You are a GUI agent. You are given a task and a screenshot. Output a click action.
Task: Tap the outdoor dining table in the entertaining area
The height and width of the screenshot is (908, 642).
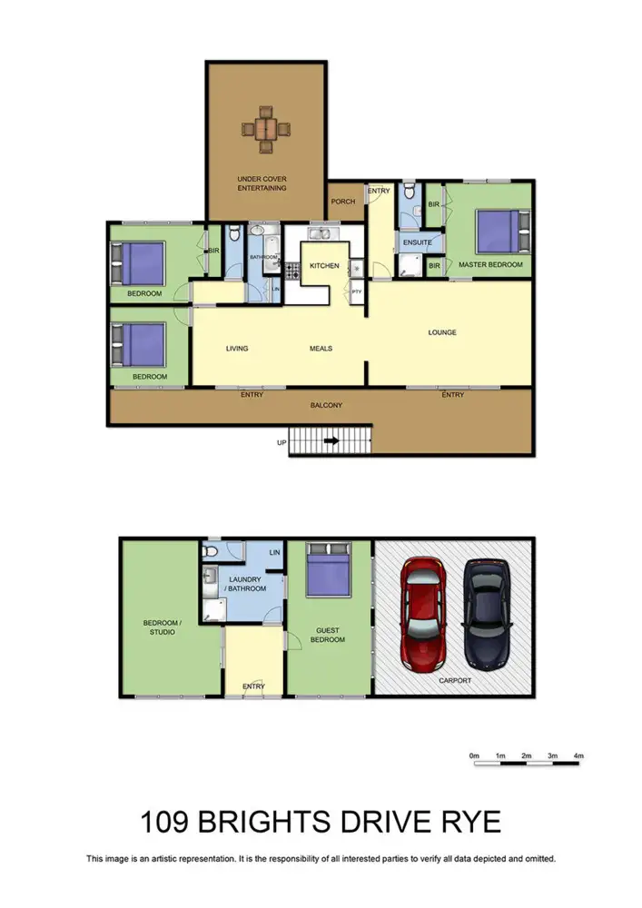click(264, 128)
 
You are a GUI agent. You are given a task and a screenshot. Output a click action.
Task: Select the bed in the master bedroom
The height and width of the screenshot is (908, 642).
click(497, 232)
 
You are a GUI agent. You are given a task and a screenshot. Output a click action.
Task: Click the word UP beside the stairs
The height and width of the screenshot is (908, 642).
click(281, 443)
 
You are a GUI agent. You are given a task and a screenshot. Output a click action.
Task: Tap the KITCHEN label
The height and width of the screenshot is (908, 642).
click(324, 266)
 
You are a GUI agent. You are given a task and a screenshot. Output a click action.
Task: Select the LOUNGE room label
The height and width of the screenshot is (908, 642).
click(442, 332)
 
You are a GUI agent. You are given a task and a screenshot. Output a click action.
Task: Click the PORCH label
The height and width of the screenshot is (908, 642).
click(343, 202)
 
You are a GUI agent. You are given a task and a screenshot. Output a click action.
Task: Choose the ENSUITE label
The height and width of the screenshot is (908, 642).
click(416, 242)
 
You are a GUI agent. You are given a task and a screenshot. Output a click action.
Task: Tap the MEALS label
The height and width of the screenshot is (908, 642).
click(320, 348)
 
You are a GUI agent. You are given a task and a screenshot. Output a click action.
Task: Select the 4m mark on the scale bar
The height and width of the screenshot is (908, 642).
click(578, 755)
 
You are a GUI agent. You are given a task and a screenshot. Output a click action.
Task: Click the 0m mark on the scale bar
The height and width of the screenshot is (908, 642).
click(474, 755)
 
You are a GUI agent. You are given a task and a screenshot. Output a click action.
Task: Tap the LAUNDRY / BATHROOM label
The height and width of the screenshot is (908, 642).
click(247, 584)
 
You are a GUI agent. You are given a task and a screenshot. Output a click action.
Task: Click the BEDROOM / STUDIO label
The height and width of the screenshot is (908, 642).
click(160, 627)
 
